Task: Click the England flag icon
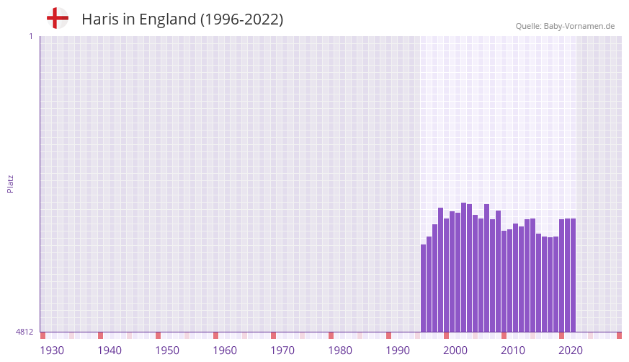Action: pyautogui.click(x=58, y=18)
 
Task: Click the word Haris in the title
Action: pyautogui.click(x=99, y=19)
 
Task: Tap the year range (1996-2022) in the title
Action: pyautogui.click(x=241, y=19)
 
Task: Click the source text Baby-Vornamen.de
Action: pyautogui.click(x=579, y=26)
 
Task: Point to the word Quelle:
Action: pyautogui.click(x=528, y=26)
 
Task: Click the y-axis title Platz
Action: pyautogui.click(x=10, y=183)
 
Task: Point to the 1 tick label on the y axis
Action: pyautogui.click(x=30, y=36)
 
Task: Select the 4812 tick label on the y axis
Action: pyautogui.click(x=24, y=332)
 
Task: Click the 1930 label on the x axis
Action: pyautogui.click(x=52, y=350)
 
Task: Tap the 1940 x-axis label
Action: pyautogui.click(x=110, y=350)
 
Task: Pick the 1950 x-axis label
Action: pyautogui.click(x=167, y=350)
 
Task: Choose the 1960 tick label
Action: pyautogui.click(x=225, y=350)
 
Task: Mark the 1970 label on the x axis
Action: pyautogui.click(x=282, y=350)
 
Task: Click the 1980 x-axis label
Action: pyautogui.click(x=340, y=350)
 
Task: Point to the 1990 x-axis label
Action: pyautogui.click(x=398, y=350)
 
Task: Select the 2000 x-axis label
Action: pyautogui.click(x=455, y=350)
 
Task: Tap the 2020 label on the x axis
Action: pyautogui.click(x=571, y=350)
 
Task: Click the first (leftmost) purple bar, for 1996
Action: pyautogui.click(x=424, y=288)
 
